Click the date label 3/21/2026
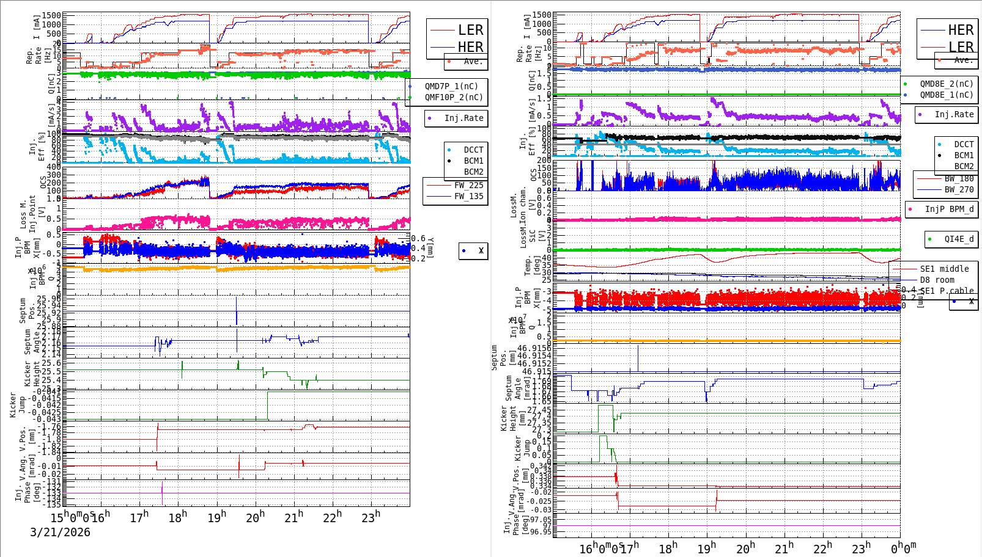pos(60,532)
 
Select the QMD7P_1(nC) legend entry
pos(451,86)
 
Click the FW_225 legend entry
pos(468,185)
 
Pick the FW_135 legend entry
pos(468,196)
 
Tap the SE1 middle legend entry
pos(944,269)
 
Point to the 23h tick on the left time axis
pos(370,517)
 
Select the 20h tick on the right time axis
pos(745,548)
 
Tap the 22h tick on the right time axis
pos(822,548)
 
